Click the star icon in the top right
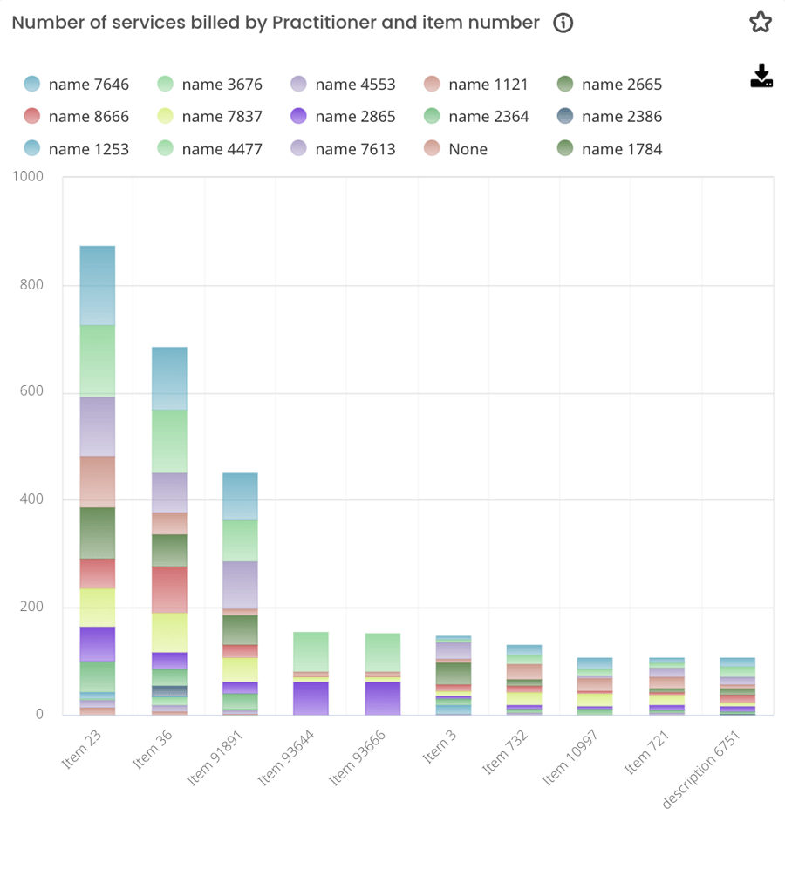click(761, 23)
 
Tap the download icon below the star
click(761, 76)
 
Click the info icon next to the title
click(563, 24)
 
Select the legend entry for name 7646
click(77, 85)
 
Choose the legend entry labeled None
click(455, 149)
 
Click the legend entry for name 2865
click(344, 117)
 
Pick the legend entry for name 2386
click(610, 117)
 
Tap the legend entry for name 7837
click(210, 117)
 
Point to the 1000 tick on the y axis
click(28, 177)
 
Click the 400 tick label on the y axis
click(31, 499)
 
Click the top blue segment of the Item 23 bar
click(98, 285)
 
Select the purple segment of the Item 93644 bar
click(311, 698)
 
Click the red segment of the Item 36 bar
click(169, 589)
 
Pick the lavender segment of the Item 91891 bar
click(240, 584)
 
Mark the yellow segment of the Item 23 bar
click(98, 608)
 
